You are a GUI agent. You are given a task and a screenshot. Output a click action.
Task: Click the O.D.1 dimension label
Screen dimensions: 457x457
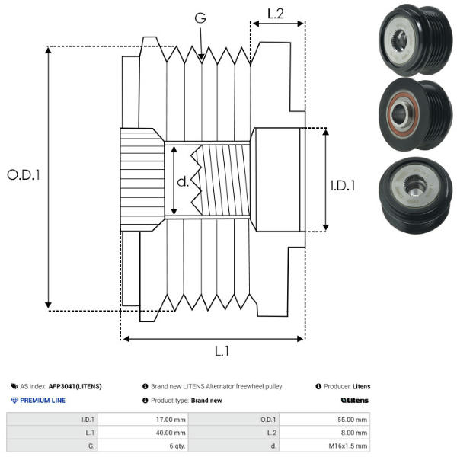[24, 174]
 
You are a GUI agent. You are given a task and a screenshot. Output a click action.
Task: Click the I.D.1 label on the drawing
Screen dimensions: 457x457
[343, 184]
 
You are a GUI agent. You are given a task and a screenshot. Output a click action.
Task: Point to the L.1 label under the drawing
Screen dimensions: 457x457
[222, 351]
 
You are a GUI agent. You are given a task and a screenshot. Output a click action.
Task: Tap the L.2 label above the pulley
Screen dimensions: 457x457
[275, 13]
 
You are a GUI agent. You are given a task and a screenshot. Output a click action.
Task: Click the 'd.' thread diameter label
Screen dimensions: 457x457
[183, 182]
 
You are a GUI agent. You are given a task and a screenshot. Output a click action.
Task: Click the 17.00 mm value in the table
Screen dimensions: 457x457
[170, 419]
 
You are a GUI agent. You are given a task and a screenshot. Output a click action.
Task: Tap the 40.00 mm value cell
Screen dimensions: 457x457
[170, 432]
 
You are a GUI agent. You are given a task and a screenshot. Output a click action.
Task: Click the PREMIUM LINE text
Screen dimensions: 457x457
[43, 400]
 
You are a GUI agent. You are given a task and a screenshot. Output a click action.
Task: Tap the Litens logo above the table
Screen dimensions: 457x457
[354, 400]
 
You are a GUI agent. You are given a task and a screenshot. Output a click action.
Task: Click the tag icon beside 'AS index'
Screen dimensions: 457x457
[14, 386]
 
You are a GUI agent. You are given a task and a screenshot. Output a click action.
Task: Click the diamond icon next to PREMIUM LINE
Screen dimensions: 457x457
[14, 400]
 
